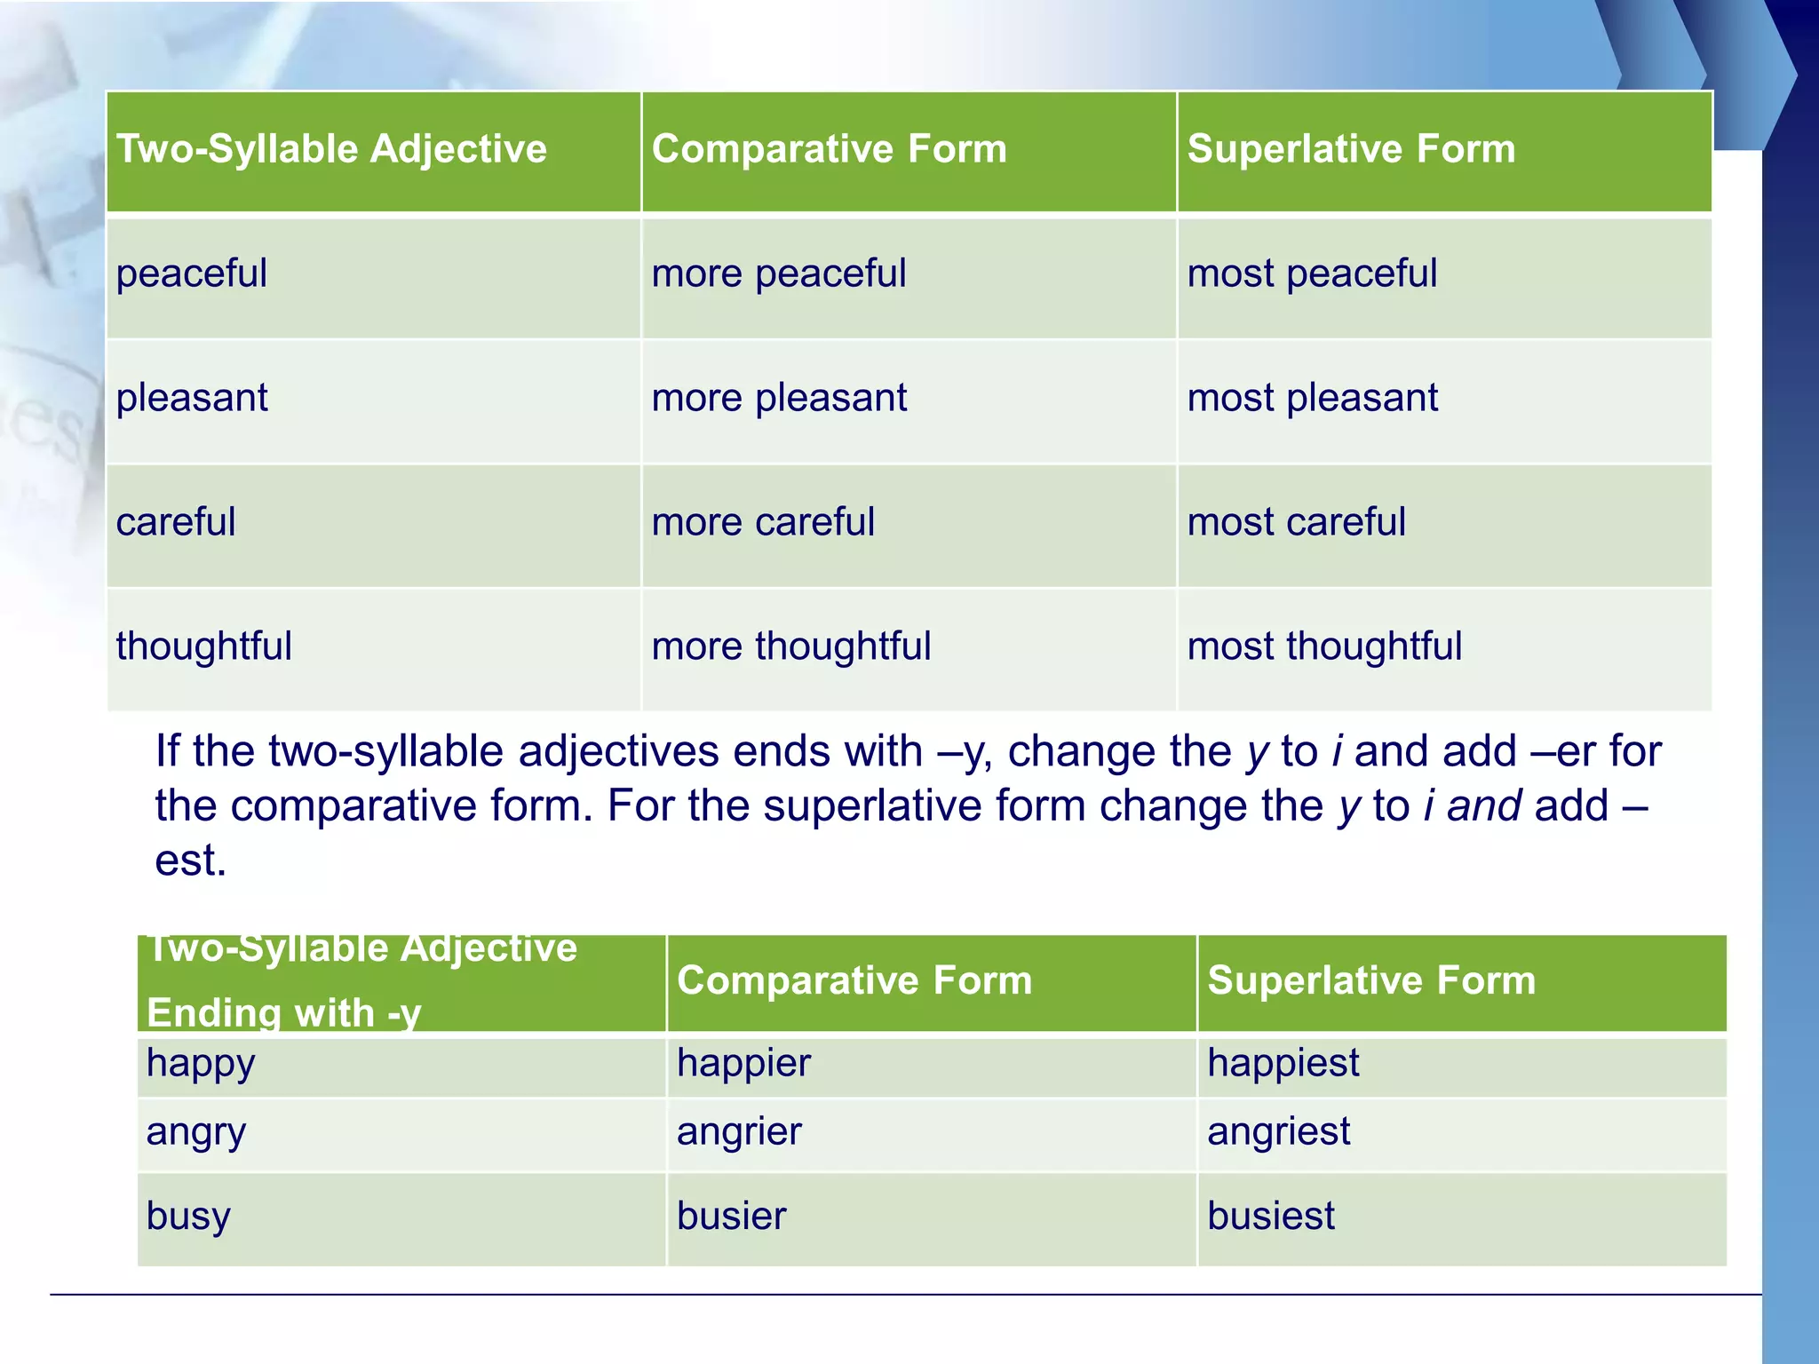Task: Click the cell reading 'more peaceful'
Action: coord(779,274)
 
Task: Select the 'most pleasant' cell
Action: coord(1312,398)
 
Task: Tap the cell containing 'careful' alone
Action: coord(176,522)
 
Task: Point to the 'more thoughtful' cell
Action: coord(790,646)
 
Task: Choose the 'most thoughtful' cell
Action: coord(1323,646)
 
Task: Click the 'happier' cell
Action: coord(743,1064)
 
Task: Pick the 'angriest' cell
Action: coord(1278,1132)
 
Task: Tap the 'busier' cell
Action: coord(731,1217)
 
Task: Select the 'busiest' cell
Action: coord(1270,1217)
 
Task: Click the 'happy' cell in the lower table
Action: coord(201,1064)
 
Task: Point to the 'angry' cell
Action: coord(195,1133)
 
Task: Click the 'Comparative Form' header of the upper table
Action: coord(829,149)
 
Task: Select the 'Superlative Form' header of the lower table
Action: coord(1370,981)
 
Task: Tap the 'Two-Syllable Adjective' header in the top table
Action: coord(331,149)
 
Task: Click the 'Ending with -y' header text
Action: coord(283,1013)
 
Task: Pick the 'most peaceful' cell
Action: coord(1312,274)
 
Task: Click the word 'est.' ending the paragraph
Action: coord(190,860)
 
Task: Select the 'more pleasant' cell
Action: coord(779,398)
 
